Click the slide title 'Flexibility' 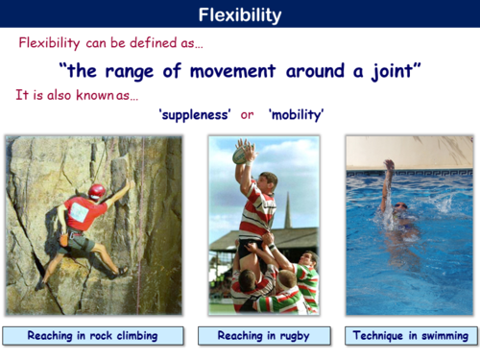point(240,14)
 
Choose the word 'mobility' point(296,114)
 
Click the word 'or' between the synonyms point(248,114)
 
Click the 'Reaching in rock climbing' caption point(92,336)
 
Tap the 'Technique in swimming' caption point(410,336)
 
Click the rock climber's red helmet point(96,192)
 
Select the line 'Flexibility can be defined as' point(110,43)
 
